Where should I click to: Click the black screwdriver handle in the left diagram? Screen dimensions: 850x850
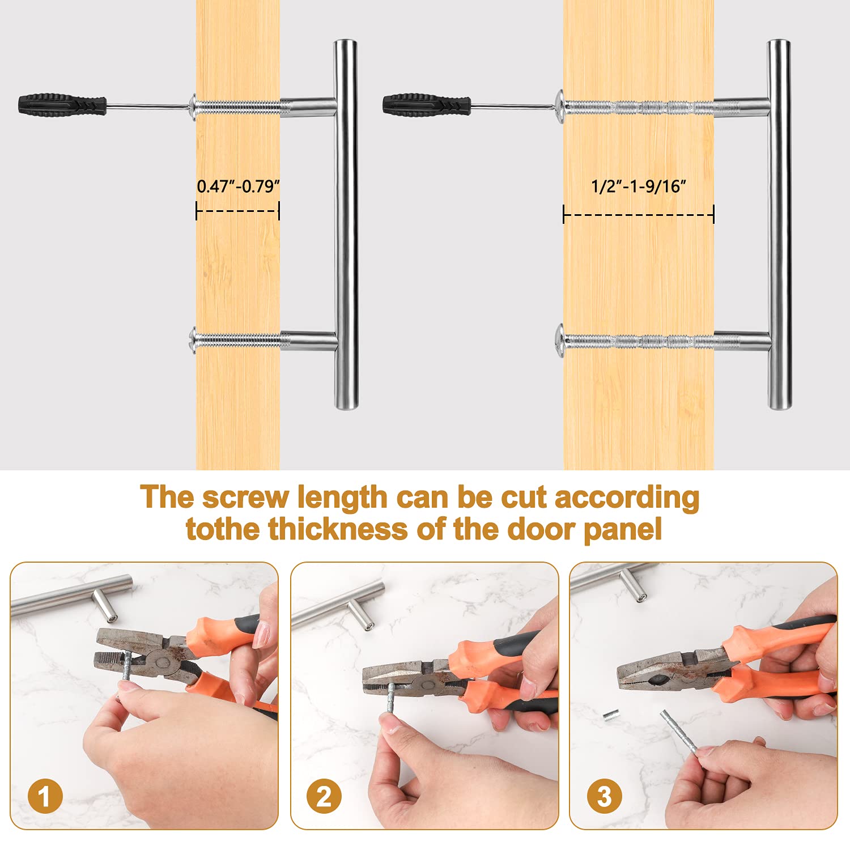pyautogui.click(x=62, y=105)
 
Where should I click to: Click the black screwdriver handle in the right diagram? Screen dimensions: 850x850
pyautogui.click(x=427, y=105)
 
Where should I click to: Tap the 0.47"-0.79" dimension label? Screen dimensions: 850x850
pyautogui.click(x=239, y=186)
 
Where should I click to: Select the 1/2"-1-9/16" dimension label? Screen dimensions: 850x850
pyautogui.click(x=639, y=186)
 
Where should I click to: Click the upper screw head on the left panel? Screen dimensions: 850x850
pyautogui.click(x=193, y=106)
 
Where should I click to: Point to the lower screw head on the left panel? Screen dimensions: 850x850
pyautogui.click(x=193, y=341)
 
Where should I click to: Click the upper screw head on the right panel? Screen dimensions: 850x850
pyautogui.click(x=560, y=106)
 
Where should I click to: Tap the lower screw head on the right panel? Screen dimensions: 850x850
pyautogui.click(x=560, y=341)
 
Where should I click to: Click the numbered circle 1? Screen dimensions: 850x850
pyautogui.click(x=44, y=797)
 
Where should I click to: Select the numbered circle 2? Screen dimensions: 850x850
pyautogui.click(x=324, y=797)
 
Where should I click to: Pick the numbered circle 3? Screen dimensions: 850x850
pyautogui.click(x=604, y=797)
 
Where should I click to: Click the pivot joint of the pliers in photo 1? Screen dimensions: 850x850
pyautogui.click(x=162, y=661)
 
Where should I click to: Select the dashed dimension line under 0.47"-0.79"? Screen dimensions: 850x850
pyautogui.click(x=238, y=211)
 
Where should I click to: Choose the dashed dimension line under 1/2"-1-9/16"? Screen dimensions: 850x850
pyautogui.click(x=639, y=215)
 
